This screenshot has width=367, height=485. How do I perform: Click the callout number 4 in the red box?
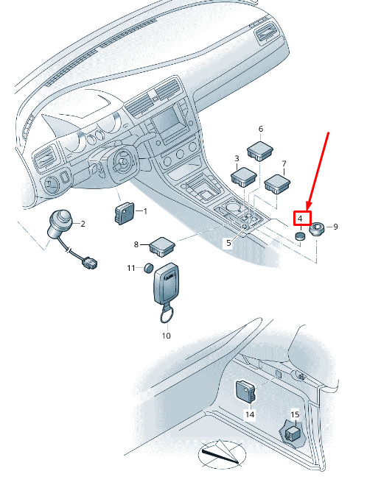click(300, 219)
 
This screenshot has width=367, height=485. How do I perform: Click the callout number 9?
click(335, 227)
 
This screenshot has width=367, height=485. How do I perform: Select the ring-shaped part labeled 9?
click(317, 229)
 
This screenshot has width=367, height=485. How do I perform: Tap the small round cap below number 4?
click(299, 236)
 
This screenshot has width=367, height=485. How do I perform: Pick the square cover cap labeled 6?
click(260, 150)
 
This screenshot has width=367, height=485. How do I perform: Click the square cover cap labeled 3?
click(244, 177)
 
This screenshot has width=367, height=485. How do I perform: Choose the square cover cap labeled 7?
click(277, 184)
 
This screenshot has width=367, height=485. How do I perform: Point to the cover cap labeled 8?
click(162, 247)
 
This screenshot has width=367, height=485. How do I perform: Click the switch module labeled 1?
click(124, 213)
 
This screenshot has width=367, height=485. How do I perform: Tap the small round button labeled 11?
click(149, 268)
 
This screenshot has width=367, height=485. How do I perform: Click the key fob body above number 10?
click(166, 283)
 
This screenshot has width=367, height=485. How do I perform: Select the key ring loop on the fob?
click(167, 316)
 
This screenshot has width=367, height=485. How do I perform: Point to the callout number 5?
click(228, 243)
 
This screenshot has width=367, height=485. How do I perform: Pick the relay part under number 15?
click(293, 434)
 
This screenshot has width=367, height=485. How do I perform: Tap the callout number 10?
click(167, 336)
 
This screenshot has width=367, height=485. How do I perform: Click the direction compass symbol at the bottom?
click(222, 453)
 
